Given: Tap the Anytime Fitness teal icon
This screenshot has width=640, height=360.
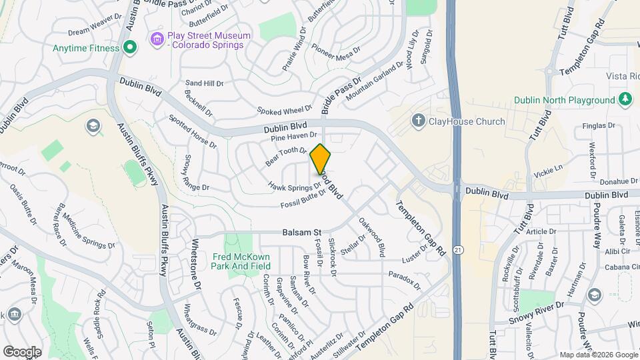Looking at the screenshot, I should [x=131, y=48].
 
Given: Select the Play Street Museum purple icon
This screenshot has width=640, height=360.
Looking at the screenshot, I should [x=157, y=39].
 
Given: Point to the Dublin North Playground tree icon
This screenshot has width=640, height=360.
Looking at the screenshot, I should [x=625, y=100].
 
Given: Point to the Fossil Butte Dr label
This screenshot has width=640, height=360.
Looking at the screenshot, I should [x=303, y=198].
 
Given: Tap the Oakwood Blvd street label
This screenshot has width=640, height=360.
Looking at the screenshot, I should [x=372, y=237].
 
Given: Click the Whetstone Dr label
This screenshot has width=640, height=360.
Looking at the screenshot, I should [x=197, y=263].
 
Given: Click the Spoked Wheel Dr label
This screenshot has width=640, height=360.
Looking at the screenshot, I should [x=285, y=109].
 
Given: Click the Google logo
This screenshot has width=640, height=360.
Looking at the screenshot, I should [x=22, y=351].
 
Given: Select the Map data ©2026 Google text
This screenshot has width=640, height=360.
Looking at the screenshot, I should [x=598, y=355].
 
